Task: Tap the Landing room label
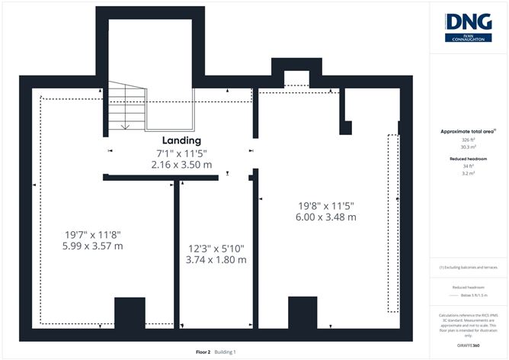point(181,141)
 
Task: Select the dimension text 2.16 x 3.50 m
point(181,164)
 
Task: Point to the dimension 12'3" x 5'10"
point(217,248)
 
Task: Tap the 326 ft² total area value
point(468,140)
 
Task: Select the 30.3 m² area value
point(468,148)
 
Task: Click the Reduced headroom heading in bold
point(468,159)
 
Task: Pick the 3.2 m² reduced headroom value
point(468,174)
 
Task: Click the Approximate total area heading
point(467,132)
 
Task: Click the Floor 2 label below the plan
point(203,352)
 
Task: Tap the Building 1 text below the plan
point(225,352)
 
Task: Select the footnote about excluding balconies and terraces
point(468,268)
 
